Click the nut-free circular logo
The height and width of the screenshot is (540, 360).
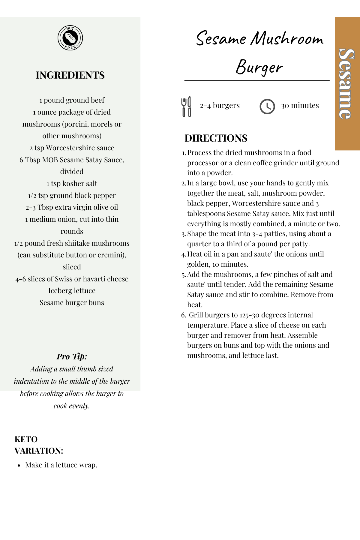pos(70,38)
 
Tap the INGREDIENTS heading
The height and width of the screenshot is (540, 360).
pos(70,75)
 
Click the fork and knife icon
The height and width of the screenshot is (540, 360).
pos(186,106)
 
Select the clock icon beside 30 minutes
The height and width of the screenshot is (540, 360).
pos(267,106)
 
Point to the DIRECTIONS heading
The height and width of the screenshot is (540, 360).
pos(216,138)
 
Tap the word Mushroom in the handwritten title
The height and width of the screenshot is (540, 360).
pos(287,39)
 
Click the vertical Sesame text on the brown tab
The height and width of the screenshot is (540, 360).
pos(347,84)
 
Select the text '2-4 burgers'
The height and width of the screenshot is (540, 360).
pos(220,106)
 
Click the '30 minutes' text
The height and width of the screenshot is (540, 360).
pos(300,106)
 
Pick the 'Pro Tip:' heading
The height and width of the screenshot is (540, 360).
pos(72,356)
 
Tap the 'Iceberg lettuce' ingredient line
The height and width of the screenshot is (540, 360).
pos(72,291)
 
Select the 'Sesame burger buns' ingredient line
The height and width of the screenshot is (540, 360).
pos(72,303)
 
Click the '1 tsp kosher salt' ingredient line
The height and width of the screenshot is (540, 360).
pos(72,184)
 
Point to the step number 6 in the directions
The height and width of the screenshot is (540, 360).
pos(184,315)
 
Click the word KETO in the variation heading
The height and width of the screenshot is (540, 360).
pos(26,439)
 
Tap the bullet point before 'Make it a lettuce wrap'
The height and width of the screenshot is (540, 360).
pos(19,466)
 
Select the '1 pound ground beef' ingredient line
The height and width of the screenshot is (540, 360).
pos(72,100)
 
